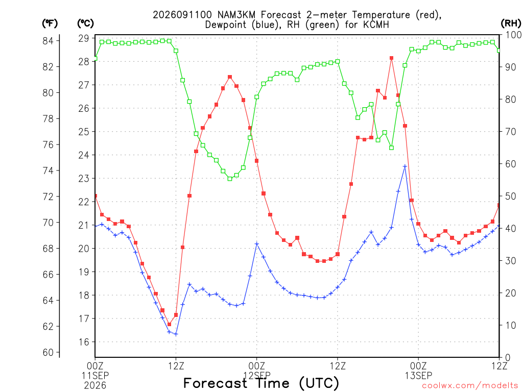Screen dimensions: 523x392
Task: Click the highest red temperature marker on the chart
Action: (x=392, y=58)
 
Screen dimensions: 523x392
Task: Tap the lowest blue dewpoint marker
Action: (x=176, y=334)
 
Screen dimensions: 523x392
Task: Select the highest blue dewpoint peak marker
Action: (x=405, y=166)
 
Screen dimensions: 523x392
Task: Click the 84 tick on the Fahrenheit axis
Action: (x=48, y=41)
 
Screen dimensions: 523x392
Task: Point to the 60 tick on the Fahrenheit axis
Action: (x=48, y=352)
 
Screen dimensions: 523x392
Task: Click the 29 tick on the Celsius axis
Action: (x=84, y=38)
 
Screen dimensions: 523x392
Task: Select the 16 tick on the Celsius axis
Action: (x=84, y=342)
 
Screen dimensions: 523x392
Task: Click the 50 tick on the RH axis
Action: (x=511, y=196)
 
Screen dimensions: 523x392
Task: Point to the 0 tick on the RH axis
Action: (x=508, y=358)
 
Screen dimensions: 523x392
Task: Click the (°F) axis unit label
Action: (x=50, y=23)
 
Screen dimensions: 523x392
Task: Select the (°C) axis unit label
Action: (x=85, y=23)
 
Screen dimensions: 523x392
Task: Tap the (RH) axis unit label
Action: (x=511, y=23)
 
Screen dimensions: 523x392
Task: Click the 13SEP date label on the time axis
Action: (x=418, y=376)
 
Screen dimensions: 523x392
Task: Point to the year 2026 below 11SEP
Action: (x=95, y=386)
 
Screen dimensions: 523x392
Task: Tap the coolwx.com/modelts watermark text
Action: (x=470, y=386)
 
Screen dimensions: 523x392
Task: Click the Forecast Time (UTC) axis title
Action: (x=261, y=383)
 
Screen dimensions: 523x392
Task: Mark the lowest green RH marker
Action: (x=230, y=179)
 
